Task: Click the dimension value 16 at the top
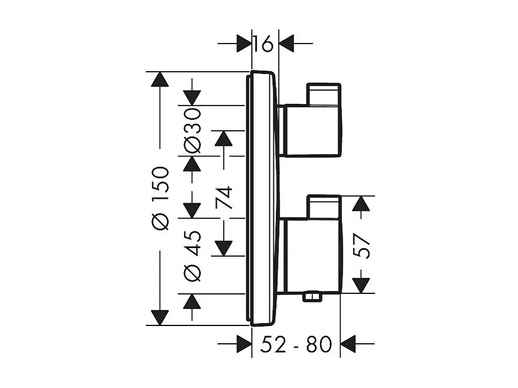click(x=265, y=43)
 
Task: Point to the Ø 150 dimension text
click(x=161, y=198)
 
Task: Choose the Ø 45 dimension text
click(x=193, y=255)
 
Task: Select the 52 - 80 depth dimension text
click(x=296, y=344)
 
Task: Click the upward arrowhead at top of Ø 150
click(x=160, y=79)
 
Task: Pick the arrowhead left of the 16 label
click(x=244, y=43)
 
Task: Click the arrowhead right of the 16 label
click(x=286, y=43)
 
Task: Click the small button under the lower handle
click(x=312, y=297)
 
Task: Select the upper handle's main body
click(x=313, y=130)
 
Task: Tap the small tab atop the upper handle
click(x=324, y=94)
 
